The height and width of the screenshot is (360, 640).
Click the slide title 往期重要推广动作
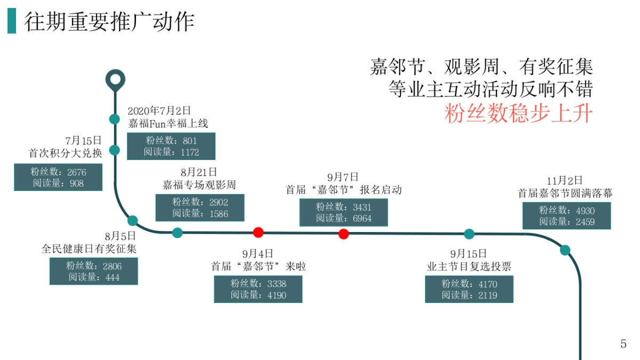tap(109, 21)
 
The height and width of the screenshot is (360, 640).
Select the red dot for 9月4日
tap(258, 232)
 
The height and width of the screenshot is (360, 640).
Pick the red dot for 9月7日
tap(343, 234)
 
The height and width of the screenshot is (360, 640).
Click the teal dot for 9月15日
tap(469, 234)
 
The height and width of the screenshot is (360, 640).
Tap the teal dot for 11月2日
tap(565, 250)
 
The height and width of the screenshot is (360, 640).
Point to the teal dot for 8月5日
tap(133, 220)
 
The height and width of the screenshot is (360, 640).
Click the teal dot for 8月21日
tap(177, 233)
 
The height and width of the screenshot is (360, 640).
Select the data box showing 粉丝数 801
tap(171, 146)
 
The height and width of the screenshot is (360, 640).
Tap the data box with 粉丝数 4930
tap(566, 216)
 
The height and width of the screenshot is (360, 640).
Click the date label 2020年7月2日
tap(159, 111)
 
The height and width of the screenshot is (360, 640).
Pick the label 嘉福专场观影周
tap(199, 185)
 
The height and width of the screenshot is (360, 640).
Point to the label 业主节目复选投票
tap(469, 266)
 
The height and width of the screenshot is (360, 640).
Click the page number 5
tap(623, 344)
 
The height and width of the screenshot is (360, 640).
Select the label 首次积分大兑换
tap(65, 154)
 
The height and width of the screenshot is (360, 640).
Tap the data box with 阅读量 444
tap(93, 271)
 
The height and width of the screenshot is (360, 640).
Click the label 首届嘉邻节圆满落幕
tap(565, 193)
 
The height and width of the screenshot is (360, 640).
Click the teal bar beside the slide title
tap(11, 21)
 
